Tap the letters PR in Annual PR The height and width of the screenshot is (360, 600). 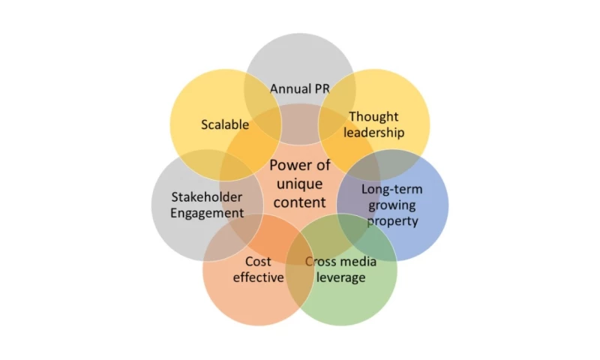(x=322, y=89)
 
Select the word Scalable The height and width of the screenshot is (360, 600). (x=224, y=124)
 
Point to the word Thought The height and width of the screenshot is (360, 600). (x=373, y=117)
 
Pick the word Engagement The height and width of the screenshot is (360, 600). (x=207, y=213)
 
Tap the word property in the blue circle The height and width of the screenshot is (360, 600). (x=392, y=221)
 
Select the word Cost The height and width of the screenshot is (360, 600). (x=258, y=262)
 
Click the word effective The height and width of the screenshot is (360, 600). (x=258, y=277)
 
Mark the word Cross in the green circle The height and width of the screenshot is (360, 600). (x=319, y=262)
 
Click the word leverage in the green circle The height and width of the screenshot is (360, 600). (x=340, y=277)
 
